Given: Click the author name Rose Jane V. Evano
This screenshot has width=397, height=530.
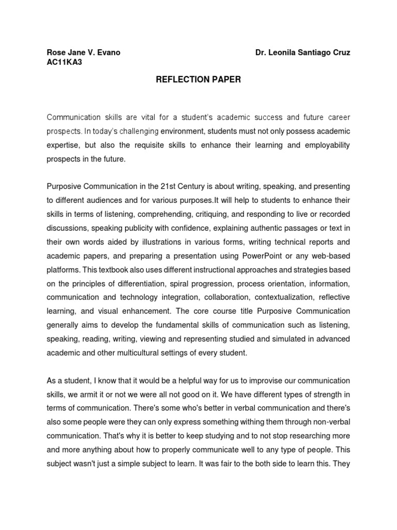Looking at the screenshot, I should pyautogui.click(x=84, y=53).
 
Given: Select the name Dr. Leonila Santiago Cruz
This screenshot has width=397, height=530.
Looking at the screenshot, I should pyautogui.click(x=303, y=53).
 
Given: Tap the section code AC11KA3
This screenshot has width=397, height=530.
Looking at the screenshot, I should pyautogui.click(x=64, y=62).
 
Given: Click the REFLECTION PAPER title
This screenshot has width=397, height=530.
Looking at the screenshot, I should pyautogui.click(x=198, y=80).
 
